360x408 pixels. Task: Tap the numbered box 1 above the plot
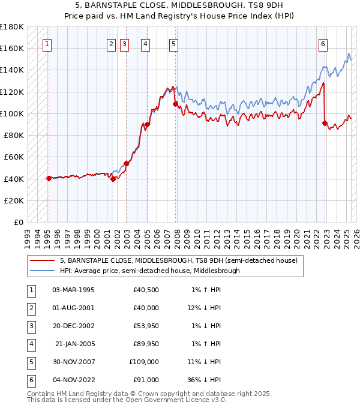tap(47, 43)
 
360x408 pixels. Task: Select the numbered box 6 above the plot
tap(323, 43)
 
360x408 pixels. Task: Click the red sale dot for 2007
tap(176, 104)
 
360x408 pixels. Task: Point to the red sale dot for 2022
tap(325, 124)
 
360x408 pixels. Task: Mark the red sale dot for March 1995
tap(49, 178)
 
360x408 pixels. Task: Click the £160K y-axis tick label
tap(12, 48)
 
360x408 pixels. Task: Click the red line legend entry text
tap(178, 260)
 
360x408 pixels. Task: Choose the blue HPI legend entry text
tap(149, 271)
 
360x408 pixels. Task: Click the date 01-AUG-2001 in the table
tap(74, 308)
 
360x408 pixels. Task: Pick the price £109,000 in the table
tap(145, 362)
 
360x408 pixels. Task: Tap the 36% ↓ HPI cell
tap(203, 380)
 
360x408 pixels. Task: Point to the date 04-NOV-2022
tap(74, 380)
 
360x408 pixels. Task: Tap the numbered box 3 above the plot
tap(124, 43)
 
